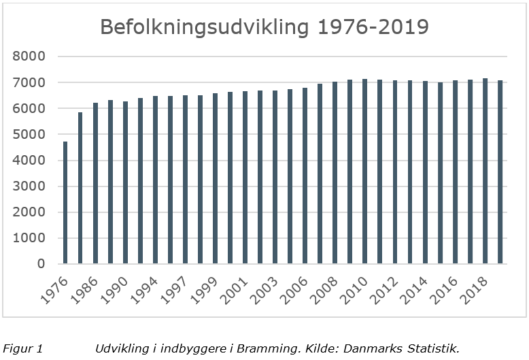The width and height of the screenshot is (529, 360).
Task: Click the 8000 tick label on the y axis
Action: coord(32,56)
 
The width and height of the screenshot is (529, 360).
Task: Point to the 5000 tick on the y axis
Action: coord(32,134)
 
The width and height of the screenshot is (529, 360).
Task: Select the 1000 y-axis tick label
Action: coord(32,238)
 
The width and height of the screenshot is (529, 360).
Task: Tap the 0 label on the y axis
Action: coord(41,263)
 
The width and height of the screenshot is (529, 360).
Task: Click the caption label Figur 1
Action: coord(22,349)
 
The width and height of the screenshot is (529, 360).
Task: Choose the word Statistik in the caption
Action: coord(432,349)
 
